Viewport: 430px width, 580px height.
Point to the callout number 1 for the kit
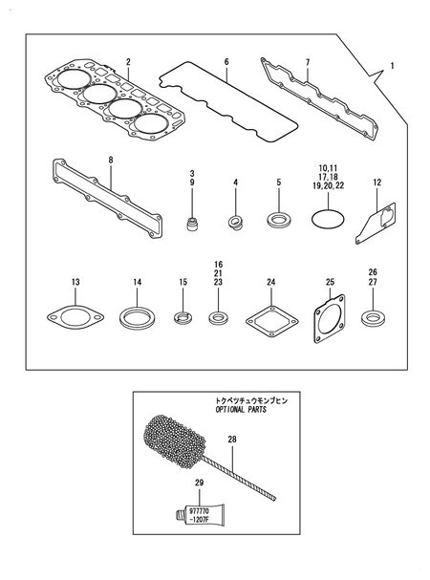coord(391,69)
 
